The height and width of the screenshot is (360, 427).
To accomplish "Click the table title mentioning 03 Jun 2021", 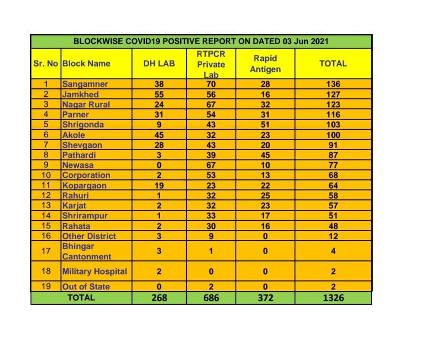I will [201, 41].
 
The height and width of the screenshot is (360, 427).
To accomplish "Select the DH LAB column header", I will [159, 63].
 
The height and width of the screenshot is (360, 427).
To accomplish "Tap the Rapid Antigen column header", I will [265, 63].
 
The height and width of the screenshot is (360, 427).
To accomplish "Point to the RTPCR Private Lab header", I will [211, 64].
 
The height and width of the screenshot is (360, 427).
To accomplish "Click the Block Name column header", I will [86, 63].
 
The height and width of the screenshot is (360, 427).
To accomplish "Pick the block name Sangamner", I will [85, 84].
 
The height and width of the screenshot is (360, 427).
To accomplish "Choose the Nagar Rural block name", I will [86, 104].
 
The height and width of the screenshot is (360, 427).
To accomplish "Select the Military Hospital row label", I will [94, 271].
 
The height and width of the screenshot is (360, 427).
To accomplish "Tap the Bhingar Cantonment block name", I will [86, 251].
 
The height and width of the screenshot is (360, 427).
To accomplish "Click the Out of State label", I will [86, 287].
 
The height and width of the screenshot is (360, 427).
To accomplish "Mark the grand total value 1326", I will [333, 298].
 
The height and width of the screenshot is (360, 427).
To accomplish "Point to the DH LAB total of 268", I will [159, 298].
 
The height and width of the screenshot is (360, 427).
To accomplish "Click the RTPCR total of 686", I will [211, 298].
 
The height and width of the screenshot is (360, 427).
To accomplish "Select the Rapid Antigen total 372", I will [265, 298].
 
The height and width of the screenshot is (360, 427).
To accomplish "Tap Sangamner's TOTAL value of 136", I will [333, 84].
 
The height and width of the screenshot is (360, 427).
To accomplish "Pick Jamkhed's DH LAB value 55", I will [159, 94].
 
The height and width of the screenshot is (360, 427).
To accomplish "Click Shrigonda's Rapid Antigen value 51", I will [265, 124].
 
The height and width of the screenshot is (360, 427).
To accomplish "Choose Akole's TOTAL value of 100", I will [333, 135].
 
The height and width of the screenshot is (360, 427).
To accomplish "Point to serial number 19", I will [46, 287].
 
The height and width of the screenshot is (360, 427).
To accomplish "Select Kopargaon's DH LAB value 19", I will [159, 185].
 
